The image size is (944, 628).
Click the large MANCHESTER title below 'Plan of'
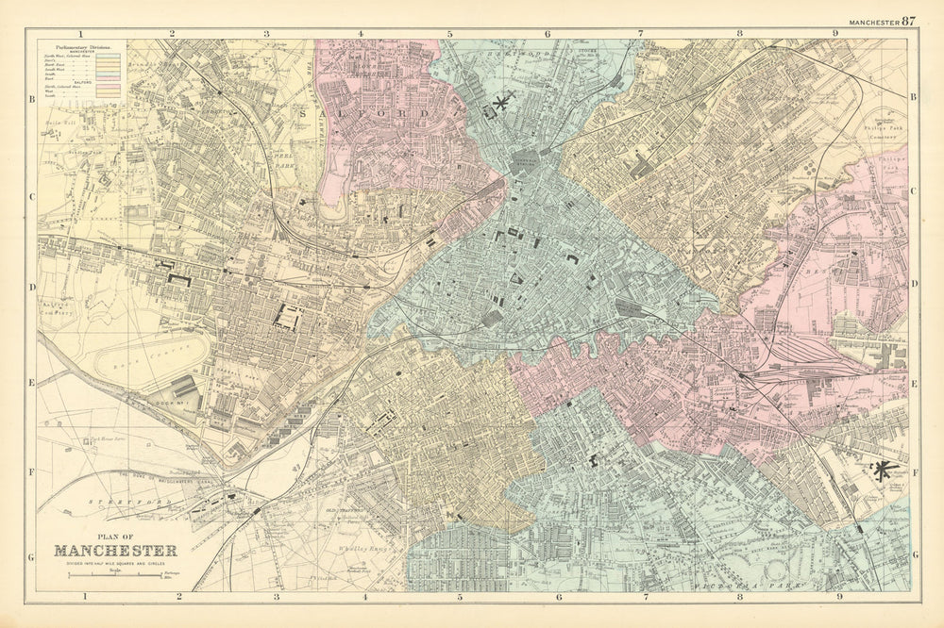tap(115, 551)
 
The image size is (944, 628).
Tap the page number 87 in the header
tap(908, 21)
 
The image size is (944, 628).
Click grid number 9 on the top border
tap(834, 33)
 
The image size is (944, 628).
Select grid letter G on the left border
tap(31, 556)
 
